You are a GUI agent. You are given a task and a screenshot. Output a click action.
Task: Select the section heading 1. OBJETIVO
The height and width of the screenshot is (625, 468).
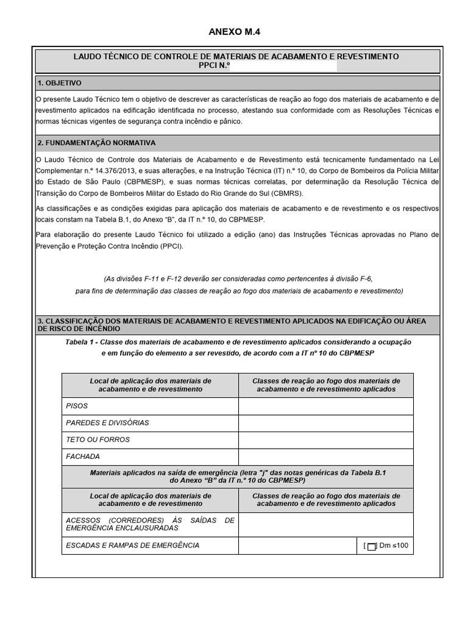(59, 83)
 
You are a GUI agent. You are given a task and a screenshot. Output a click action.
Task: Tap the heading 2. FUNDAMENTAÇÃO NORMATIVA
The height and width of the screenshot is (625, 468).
(96, 143)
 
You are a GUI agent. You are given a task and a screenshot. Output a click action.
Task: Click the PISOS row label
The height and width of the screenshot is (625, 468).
(77, 406)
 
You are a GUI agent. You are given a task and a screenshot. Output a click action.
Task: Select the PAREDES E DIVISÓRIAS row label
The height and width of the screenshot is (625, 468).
(107, 422)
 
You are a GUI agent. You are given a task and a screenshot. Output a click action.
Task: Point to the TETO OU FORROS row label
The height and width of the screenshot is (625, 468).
(97, 439)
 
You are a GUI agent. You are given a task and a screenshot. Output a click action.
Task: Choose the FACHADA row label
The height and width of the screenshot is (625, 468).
(83, 456)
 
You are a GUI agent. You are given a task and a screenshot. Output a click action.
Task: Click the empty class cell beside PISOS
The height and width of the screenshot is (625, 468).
(325, 406)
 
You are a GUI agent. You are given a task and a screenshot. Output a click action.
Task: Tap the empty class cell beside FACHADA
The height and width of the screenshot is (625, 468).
(325, 456)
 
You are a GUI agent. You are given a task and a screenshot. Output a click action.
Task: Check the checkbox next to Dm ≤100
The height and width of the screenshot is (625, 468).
(372, 546)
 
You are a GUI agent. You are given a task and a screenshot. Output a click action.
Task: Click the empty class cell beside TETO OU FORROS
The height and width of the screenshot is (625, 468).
(325, 439)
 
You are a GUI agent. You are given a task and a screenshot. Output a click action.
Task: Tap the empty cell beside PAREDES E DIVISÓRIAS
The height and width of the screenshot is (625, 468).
(325, 422)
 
